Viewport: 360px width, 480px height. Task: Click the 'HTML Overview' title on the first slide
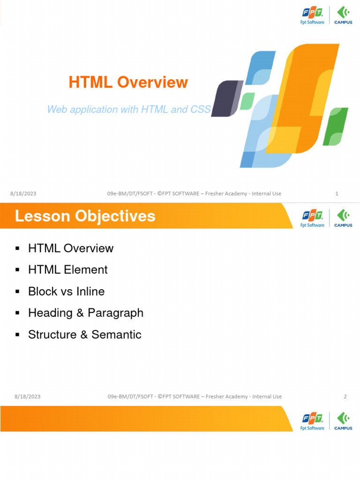coord(128,82)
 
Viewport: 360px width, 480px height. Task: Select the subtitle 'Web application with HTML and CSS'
coord(129,110)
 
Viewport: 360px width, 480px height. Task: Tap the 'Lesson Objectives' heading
coord(85,216)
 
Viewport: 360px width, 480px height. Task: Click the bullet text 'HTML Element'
coord(67,270)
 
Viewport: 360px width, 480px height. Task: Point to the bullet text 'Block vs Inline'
coord(66,291)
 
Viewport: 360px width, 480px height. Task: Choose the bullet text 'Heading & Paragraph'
coord(85,313)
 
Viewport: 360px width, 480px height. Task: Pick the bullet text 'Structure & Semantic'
coord(84,334)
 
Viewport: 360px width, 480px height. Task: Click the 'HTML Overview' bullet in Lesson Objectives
coord(70,248)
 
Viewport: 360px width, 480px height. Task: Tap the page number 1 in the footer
coord(337,194)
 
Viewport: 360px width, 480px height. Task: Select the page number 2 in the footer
coord(345,397)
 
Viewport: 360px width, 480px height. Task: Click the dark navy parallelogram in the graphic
coord(226,97)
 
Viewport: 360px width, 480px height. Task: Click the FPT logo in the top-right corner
coord(312,15)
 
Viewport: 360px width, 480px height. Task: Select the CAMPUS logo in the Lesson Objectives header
coord(343,218)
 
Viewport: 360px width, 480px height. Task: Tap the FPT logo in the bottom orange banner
coord(312,421)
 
